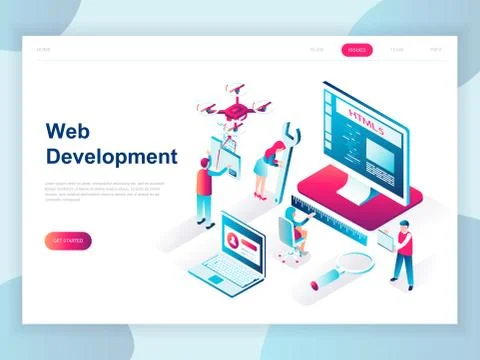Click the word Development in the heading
coord(111,157)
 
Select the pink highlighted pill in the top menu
coord(356,49)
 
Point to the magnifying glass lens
coord(352,263)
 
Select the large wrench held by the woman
coord(288,160)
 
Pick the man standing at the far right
coord(402,252)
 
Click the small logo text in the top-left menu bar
coord(44,49)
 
